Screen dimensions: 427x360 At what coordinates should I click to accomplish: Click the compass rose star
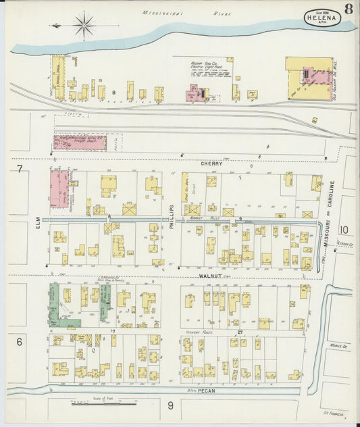(84, 26)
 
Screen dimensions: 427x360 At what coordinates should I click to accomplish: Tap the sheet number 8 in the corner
(348, 9)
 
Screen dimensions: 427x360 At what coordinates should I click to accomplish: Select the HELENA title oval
(322, 18)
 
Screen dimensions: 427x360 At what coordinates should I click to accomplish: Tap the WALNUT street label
(211, 276)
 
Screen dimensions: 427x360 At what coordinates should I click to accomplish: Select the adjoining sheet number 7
(20, 169)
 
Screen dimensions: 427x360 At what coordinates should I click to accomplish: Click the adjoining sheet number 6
(20, 342)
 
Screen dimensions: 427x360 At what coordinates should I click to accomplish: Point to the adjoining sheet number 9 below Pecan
(171, 406)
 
